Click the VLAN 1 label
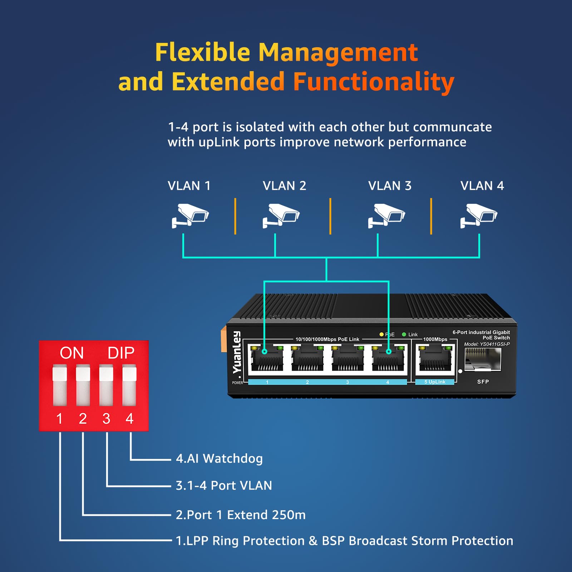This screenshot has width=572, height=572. pos(189,186)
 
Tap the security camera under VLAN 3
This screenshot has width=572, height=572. pos(386,215)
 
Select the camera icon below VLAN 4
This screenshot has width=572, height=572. pos(479,215)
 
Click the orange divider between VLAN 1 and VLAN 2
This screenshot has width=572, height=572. pos(235,216)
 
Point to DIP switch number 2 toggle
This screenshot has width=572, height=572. pos(83,385)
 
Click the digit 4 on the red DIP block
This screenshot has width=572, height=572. pos(129,419)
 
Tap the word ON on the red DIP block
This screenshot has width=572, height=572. pos(72,353)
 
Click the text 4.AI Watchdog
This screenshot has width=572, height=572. pos(219,459)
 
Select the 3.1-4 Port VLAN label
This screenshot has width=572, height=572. pos(224,485)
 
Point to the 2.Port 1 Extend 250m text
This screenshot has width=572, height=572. pos(241,515)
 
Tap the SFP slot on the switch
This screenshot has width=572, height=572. pos(483,359)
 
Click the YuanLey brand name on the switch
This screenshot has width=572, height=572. pos(237,352)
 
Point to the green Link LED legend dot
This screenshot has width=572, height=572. pos(404,335)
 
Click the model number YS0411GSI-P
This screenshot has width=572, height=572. pos(495,344)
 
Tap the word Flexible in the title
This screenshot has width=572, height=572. pos(202,53)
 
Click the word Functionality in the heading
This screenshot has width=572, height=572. pos(374,82)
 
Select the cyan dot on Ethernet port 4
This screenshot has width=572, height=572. pos(389,352)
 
